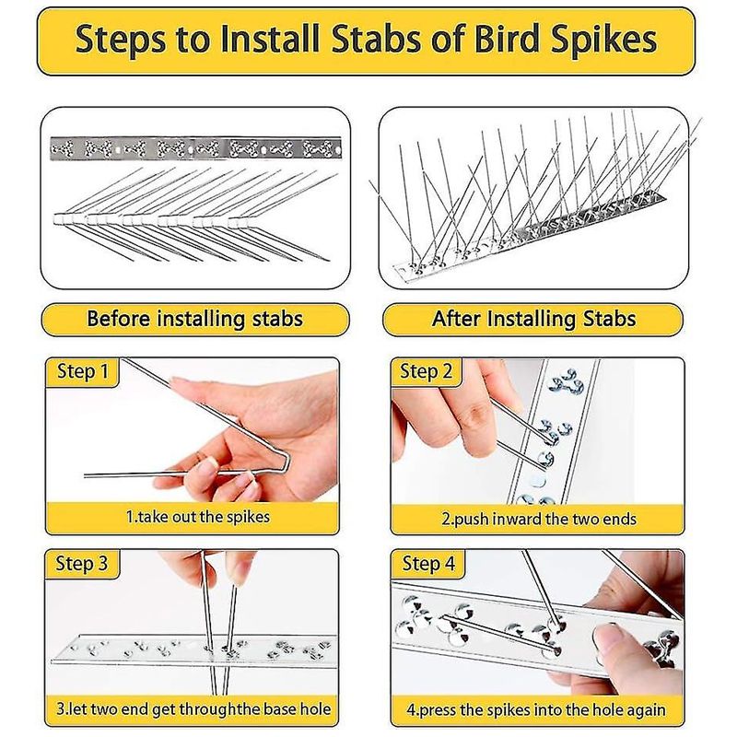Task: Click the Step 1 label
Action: (x=83, y=371)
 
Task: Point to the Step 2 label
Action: (x=426, y=371)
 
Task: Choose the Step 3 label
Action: (x=82, y=563)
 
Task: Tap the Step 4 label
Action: (x=428, y=563)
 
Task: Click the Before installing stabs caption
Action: (x=195, y=319)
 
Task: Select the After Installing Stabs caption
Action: (x=533, y=319)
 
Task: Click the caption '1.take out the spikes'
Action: (x=198, y=517)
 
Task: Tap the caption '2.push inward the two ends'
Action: (x=539, y=519)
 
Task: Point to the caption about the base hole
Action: (x=193, y=708)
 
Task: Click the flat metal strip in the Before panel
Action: (x=195, y=148)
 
